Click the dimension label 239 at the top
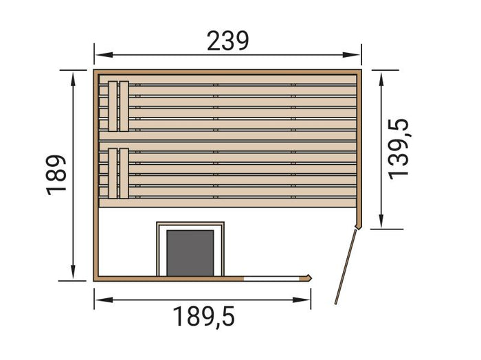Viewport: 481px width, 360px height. pos(227,43)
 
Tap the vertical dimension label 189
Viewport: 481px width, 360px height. pos(57,175)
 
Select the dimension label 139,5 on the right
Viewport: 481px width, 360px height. pos(399,148)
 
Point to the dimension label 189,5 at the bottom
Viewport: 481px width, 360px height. pos(203,317)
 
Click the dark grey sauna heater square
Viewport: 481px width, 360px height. pos(190,252)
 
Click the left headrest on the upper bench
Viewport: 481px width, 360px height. pos(113,106)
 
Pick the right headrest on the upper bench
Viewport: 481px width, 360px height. pos(124,106)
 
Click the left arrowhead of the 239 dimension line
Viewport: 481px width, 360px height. pos(97,54)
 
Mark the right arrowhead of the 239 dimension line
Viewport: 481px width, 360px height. pos(358,54)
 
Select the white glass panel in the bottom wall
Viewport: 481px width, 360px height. pos(274,278)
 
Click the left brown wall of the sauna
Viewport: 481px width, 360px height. pos(96,175)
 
